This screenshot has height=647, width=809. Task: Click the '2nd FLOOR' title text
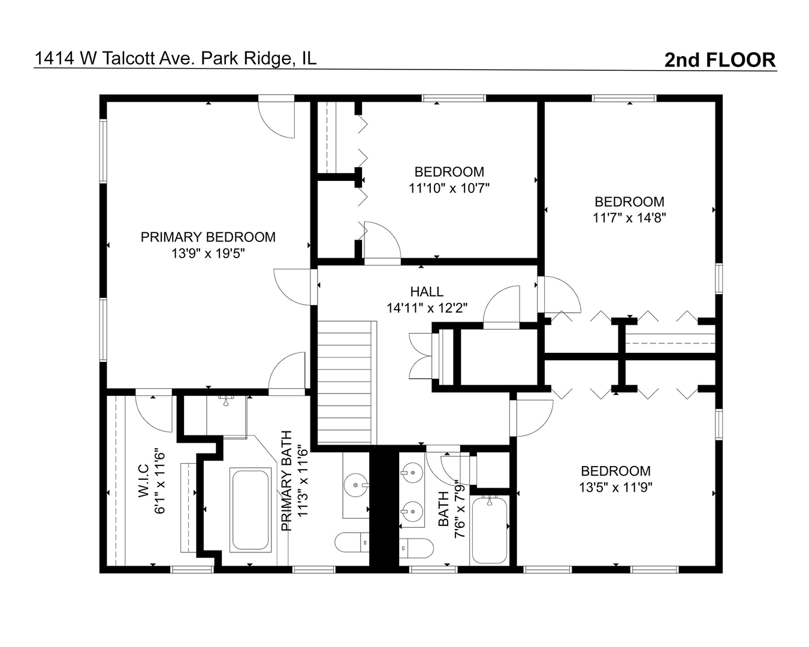click(x=720, y=60)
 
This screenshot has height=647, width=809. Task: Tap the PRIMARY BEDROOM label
click(x=208, y=237)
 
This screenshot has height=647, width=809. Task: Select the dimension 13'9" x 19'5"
click(x=208, y=253)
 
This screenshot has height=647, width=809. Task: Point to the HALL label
click(x=427, y=292)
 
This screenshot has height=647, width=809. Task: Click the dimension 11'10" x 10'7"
click(x=449, y=188)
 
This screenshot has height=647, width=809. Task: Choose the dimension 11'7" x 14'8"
click(x=629, y=218)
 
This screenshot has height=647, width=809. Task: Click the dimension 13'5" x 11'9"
click(x=615, y=487)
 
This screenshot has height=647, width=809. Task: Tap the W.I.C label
click(x=143, y=480)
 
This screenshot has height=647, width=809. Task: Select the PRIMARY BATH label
click(x=286, y=480)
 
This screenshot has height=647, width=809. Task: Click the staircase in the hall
click(x=346, y=383)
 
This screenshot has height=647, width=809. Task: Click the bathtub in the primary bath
click(x=251, y=510)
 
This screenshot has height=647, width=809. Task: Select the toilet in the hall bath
click(x=416, y=548)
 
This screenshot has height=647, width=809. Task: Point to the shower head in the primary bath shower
click(x=226, y=399)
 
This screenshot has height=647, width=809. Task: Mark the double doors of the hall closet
click(x=421, y=357)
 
